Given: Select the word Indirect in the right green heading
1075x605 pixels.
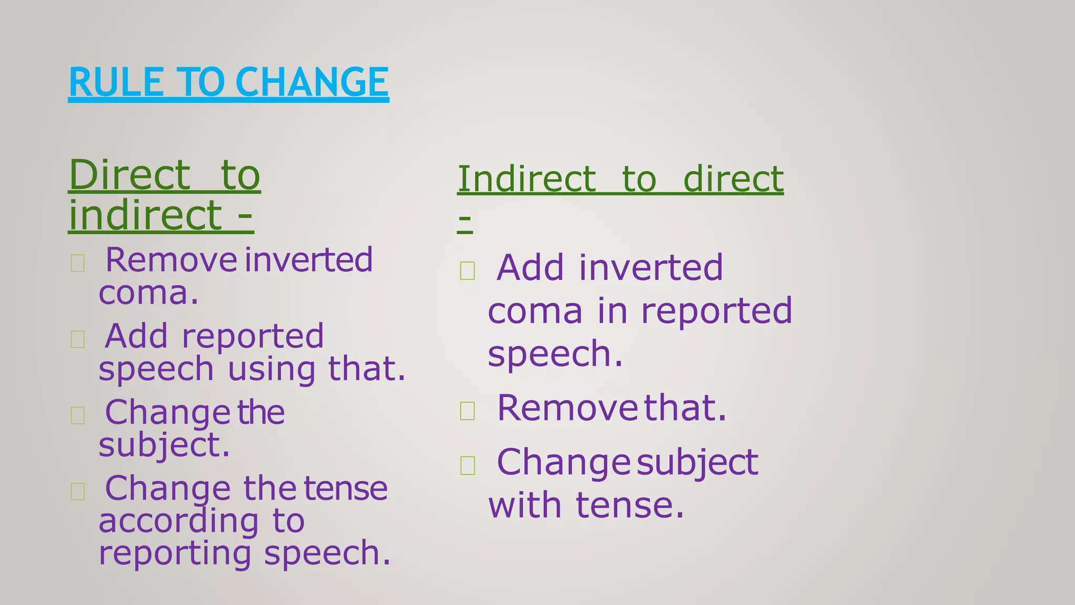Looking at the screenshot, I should click(x=527, y=179).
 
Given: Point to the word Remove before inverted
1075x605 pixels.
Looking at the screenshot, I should click(x=171, y=260).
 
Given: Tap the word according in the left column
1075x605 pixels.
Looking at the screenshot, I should click(x=179, y=521).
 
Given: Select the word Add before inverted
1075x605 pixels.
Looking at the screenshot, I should click(x=530, y=268).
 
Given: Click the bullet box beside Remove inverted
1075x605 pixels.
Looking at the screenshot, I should click(x=78, y=263).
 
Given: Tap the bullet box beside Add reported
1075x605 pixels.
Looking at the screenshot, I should click(x=78, y=339).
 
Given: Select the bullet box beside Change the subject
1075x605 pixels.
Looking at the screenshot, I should click(x=78, y=415).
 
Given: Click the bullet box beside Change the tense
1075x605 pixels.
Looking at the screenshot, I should click(x=78, y=492).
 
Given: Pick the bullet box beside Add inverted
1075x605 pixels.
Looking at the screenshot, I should click(x=467, y=270).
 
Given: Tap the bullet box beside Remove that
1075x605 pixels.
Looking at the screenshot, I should click(x=467, y=411).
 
